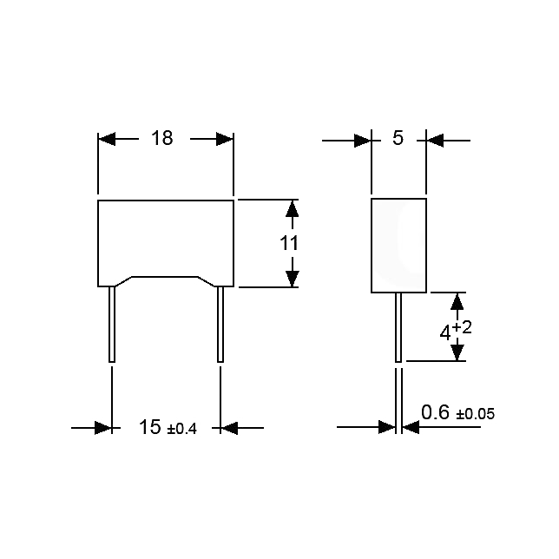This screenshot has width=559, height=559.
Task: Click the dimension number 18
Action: (x=162, y=138)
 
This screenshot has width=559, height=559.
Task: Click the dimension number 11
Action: (x=289, y=244)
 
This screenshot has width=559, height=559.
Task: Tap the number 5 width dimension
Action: (x=398, y=138)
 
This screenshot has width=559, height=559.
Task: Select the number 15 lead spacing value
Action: (x=150, y=427)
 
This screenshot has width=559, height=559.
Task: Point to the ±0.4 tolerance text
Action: (x=181, y=429)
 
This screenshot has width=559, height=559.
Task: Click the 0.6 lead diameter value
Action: (x=435, y=412)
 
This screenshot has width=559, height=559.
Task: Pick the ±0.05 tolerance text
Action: (x=476, y=414)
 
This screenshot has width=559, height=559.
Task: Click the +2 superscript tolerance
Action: (x=462, y=327)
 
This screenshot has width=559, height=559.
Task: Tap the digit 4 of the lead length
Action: (x=445, y=334)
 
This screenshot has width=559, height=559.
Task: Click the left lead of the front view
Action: (x=112, y=324)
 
